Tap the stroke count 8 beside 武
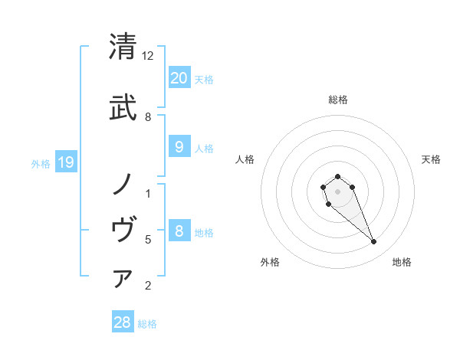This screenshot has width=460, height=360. (x=148, y=116)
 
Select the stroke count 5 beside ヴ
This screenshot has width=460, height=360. (x=148, y=240)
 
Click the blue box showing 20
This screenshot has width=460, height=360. (x=179, y=77)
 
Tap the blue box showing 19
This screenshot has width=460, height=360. (x=65, y=162)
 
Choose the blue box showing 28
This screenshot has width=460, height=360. (x=122, y=322)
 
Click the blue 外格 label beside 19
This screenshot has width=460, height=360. (x=41, y=163)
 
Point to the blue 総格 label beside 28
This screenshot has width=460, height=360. (x=147, y=324)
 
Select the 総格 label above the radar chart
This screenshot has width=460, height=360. (x=338, y=100)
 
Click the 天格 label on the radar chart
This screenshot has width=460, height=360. (x=432, y=159)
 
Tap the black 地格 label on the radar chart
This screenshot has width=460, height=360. (x=402, y=262)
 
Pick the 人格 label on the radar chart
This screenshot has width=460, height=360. (x=245, y=159)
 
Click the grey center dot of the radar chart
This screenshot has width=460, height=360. (x=337, y=191)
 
